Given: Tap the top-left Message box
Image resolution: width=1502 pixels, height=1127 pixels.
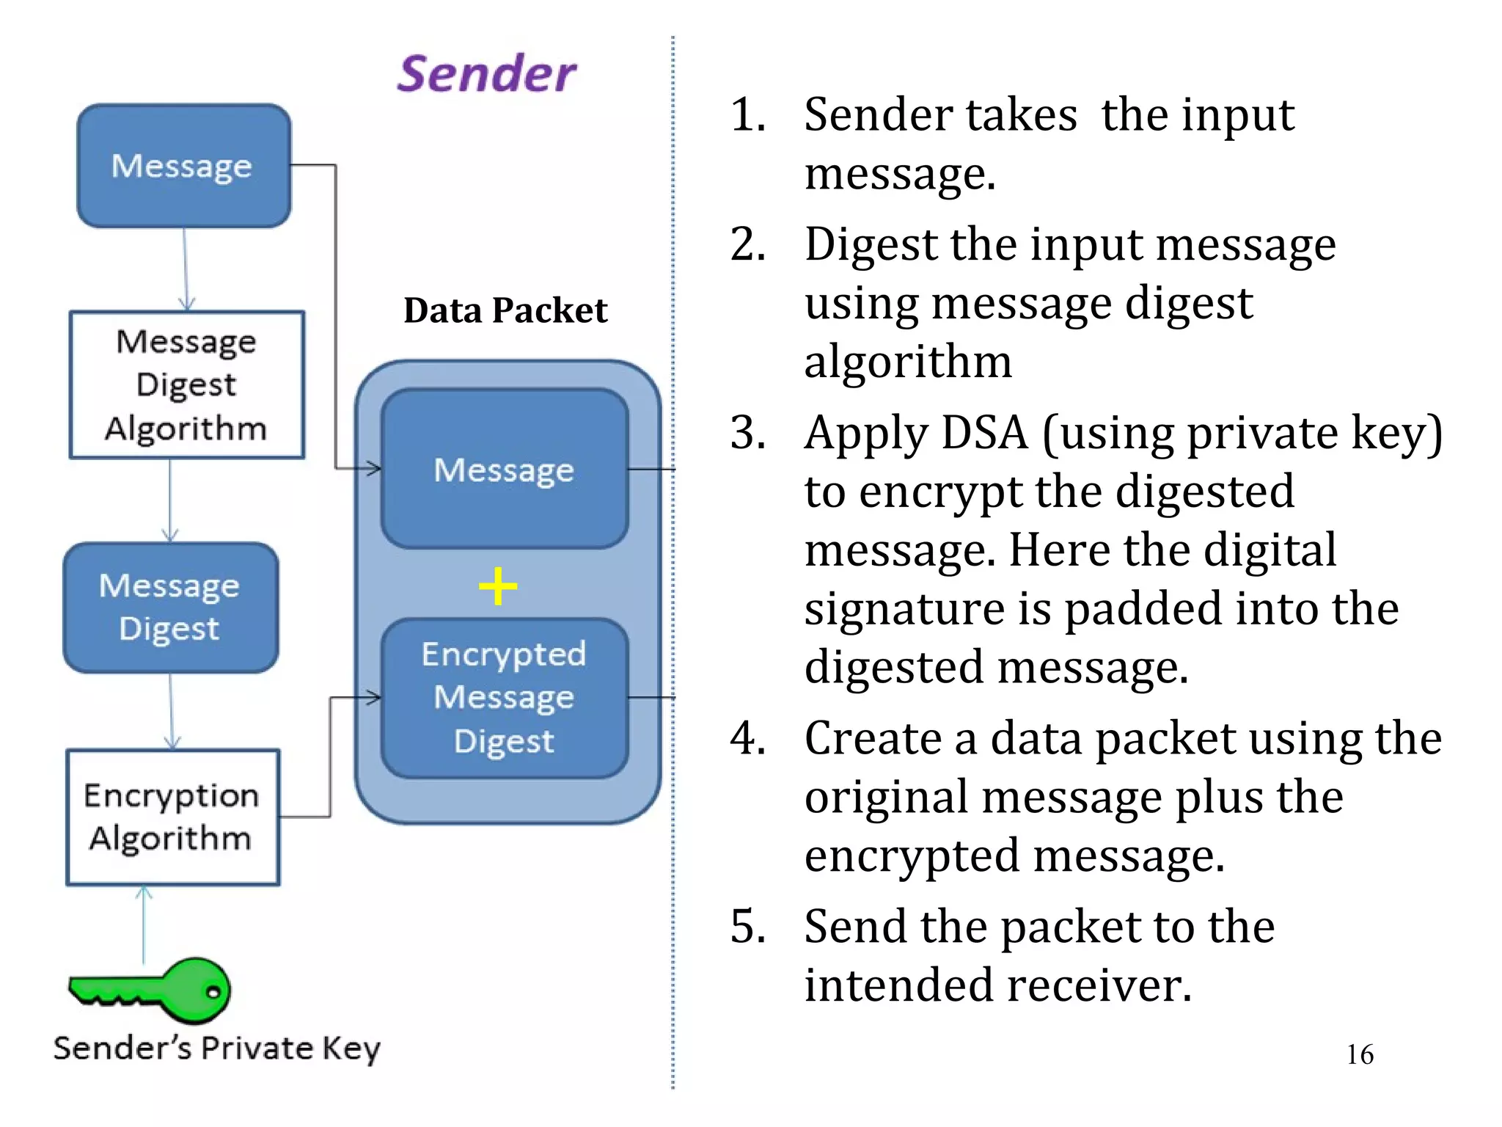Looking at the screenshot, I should click(x=183, y=166).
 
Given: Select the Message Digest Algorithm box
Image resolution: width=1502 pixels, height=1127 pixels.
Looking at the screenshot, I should click(x=186, y=385).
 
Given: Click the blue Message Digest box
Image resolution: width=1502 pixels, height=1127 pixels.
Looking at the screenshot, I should click(x=170, y=608).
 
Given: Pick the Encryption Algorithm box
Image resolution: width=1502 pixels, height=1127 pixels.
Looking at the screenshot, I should click(x=172, y=817).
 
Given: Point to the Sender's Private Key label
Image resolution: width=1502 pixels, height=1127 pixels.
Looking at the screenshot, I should click(x=216, y=1048).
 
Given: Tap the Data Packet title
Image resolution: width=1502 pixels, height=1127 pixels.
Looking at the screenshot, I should click(x=505, y=310).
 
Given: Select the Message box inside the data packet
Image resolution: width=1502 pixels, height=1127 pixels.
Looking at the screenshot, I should click(x=505, y=470).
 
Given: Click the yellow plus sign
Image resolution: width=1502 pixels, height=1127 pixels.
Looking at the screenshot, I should click(x=498, y=586).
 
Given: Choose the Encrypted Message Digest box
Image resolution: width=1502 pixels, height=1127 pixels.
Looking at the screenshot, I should click(x=505, y=698).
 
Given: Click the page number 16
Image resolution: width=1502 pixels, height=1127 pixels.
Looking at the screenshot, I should click(x=1360, y=1054).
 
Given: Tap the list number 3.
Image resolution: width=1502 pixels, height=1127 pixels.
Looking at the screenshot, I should click(x=748, y=433).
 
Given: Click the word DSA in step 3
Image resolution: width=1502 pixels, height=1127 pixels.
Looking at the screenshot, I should click(x=984, y=433).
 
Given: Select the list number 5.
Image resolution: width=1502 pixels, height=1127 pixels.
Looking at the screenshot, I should click(x=748, y=926).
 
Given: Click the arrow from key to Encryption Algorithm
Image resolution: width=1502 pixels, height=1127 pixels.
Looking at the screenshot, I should click(x=144, y=924).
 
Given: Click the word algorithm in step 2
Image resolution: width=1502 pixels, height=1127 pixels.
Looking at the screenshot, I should click(x=908, y=362).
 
